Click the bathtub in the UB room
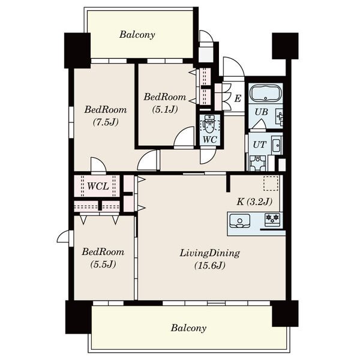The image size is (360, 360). [265, 94]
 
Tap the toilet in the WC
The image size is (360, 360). [209, 125]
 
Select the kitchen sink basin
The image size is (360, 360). [239, 221]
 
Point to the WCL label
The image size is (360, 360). [98, 186]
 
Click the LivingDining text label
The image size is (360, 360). [209, 253]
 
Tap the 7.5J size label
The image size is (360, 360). [106, 122]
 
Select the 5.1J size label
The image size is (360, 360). [165, 109]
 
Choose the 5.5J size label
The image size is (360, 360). [103, 264]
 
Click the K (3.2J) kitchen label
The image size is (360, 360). [254, 202]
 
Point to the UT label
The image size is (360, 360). [259, 145]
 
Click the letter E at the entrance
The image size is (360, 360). [238, 98]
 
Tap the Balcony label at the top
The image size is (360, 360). [137, 35]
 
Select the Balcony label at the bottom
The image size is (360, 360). [188, 328]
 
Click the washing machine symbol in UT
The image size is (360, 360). [258, 163]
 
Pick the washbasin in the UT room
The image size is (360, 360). [277, 145]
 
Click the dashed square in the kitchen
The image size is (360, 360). [271, 184]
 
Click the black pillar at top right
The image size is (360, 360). [285, 46]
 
